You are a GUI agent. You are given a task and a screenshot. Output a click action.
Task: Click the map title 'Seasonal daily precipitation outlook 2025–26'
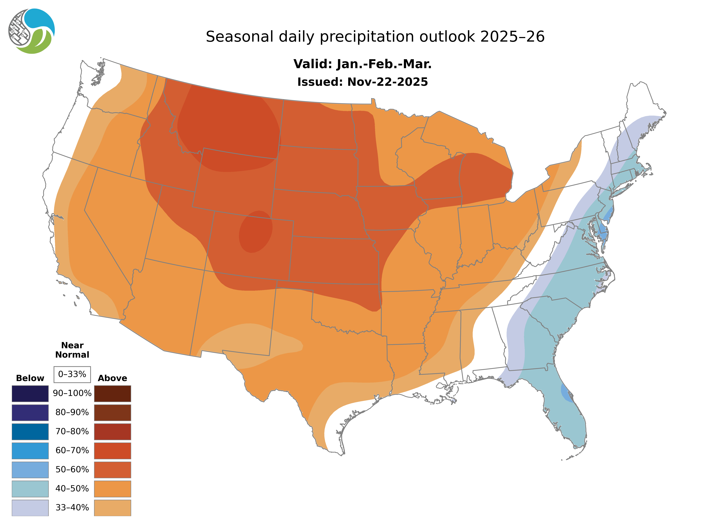pos(375,37)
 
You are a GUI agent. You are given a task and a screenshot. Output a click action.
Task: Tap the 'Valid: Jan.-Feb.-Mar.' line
pos(362,64)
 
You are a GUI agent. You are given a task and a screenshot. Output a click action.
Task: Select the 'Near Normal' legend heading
pos(72,350)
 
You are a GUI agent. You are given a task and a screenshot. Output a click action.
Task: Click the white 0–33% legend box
pos(72,374)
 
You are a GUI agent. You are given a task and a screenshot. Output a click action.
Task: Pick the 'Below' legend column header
pos(30,378)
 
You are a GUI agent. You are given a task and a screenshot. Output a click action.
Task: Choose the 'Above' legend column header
pos(112,378)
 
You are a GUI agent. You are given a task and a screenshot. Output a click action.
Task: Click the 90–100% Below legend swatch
pos(30,394)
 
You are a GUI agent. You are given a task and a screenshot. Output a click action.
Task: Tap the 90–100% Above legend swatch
pos(112,394)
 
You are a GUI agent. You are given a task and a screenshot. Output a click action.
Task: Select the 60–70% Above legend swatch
pos(112,451)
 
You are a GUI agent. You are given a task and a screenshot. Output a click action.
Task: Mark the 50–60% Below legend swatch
pos(30,470)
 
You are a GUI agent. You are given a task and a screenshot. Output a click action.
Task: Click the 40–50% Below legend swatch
pos(30,489)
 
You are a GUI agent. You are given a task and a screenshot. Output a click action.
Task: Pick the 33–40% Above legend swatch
pos(112,507)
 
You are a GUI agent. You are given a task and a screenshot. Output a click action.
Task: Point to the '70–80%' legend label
pos(72,432)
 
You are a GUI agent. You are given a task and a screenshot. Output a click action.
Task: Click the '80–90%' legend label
pos(72,412)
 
